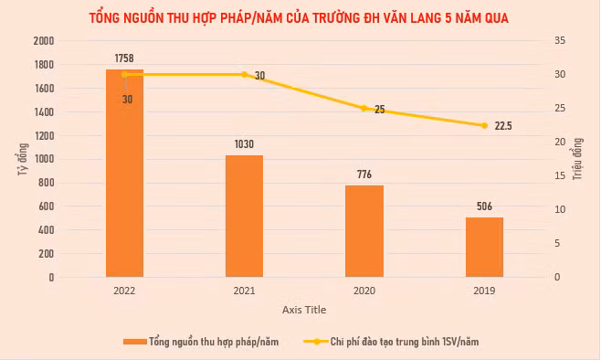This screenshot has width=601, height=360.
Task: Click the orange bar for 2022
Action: (x=124, y=173)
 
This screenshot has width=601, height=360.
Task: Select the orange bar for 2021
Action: (x=244, y=216)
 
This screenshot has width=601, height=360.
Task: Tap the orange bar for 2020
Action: (x=364, y=231)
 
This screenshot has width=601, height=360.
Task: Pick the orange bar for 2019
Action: (x=484, y=247)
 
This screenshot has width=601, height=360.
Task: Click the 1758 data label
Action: (x=124, y=58)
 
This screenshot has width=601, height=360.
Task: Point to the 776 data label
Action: (x=364, y=175)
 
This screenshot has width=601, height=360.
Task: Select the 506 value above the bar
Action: (x=484, y=206)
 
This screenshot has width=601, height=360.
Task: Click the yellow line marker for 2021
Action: (x=244, y=74)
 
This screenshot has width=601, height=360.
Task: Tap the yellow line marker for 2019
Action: (x=484, y=125)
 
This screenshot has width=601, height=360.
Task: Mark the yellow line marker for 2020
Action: (x=364, y=109)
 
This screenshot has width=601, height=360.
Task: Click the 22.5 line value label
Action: (x=503, y=126)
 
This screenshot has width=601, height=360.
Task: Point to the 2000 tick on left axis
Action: (x=44, y=41)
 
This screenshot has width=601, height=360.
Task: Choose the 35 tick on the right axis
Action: (x=560, y=40)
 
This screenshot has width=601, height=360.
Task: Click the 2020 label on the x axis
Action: (x=364, y=291)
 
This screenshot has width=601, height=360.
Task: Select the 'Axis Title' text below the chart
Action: (x=304, y=310)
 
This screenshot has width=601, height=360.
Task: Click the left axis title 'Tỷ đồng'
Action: (x=23, y=159)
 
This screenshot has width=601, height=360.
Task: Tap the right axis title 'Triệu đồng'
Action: (x=577, y=159)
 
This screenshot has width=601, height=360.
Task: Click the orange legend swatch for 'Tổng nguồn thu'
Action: (x=135, y=342)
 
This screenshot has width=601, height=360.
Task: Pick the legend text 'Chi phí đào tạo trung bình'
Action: (x=385, y=342)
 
